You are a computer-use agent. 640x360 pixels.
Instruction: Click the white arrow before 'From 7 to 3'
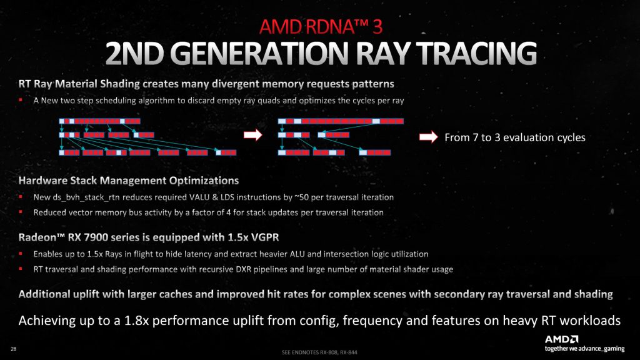point(428,137)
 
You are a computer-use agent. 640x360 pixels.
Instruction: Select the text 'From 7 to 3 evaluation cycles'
point(514,137)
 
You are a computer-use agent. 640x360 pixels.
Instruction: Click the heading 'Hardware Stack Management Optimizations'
point(129,181)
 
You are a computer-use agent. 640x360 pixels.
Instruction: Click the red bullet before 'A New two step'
point(21,99)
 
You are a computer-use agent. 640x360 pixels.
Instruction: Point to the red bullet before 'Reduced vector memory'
point(21,212)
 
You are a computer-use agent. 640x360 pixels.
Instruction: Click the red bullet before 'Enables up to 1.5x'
point(21,254)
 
